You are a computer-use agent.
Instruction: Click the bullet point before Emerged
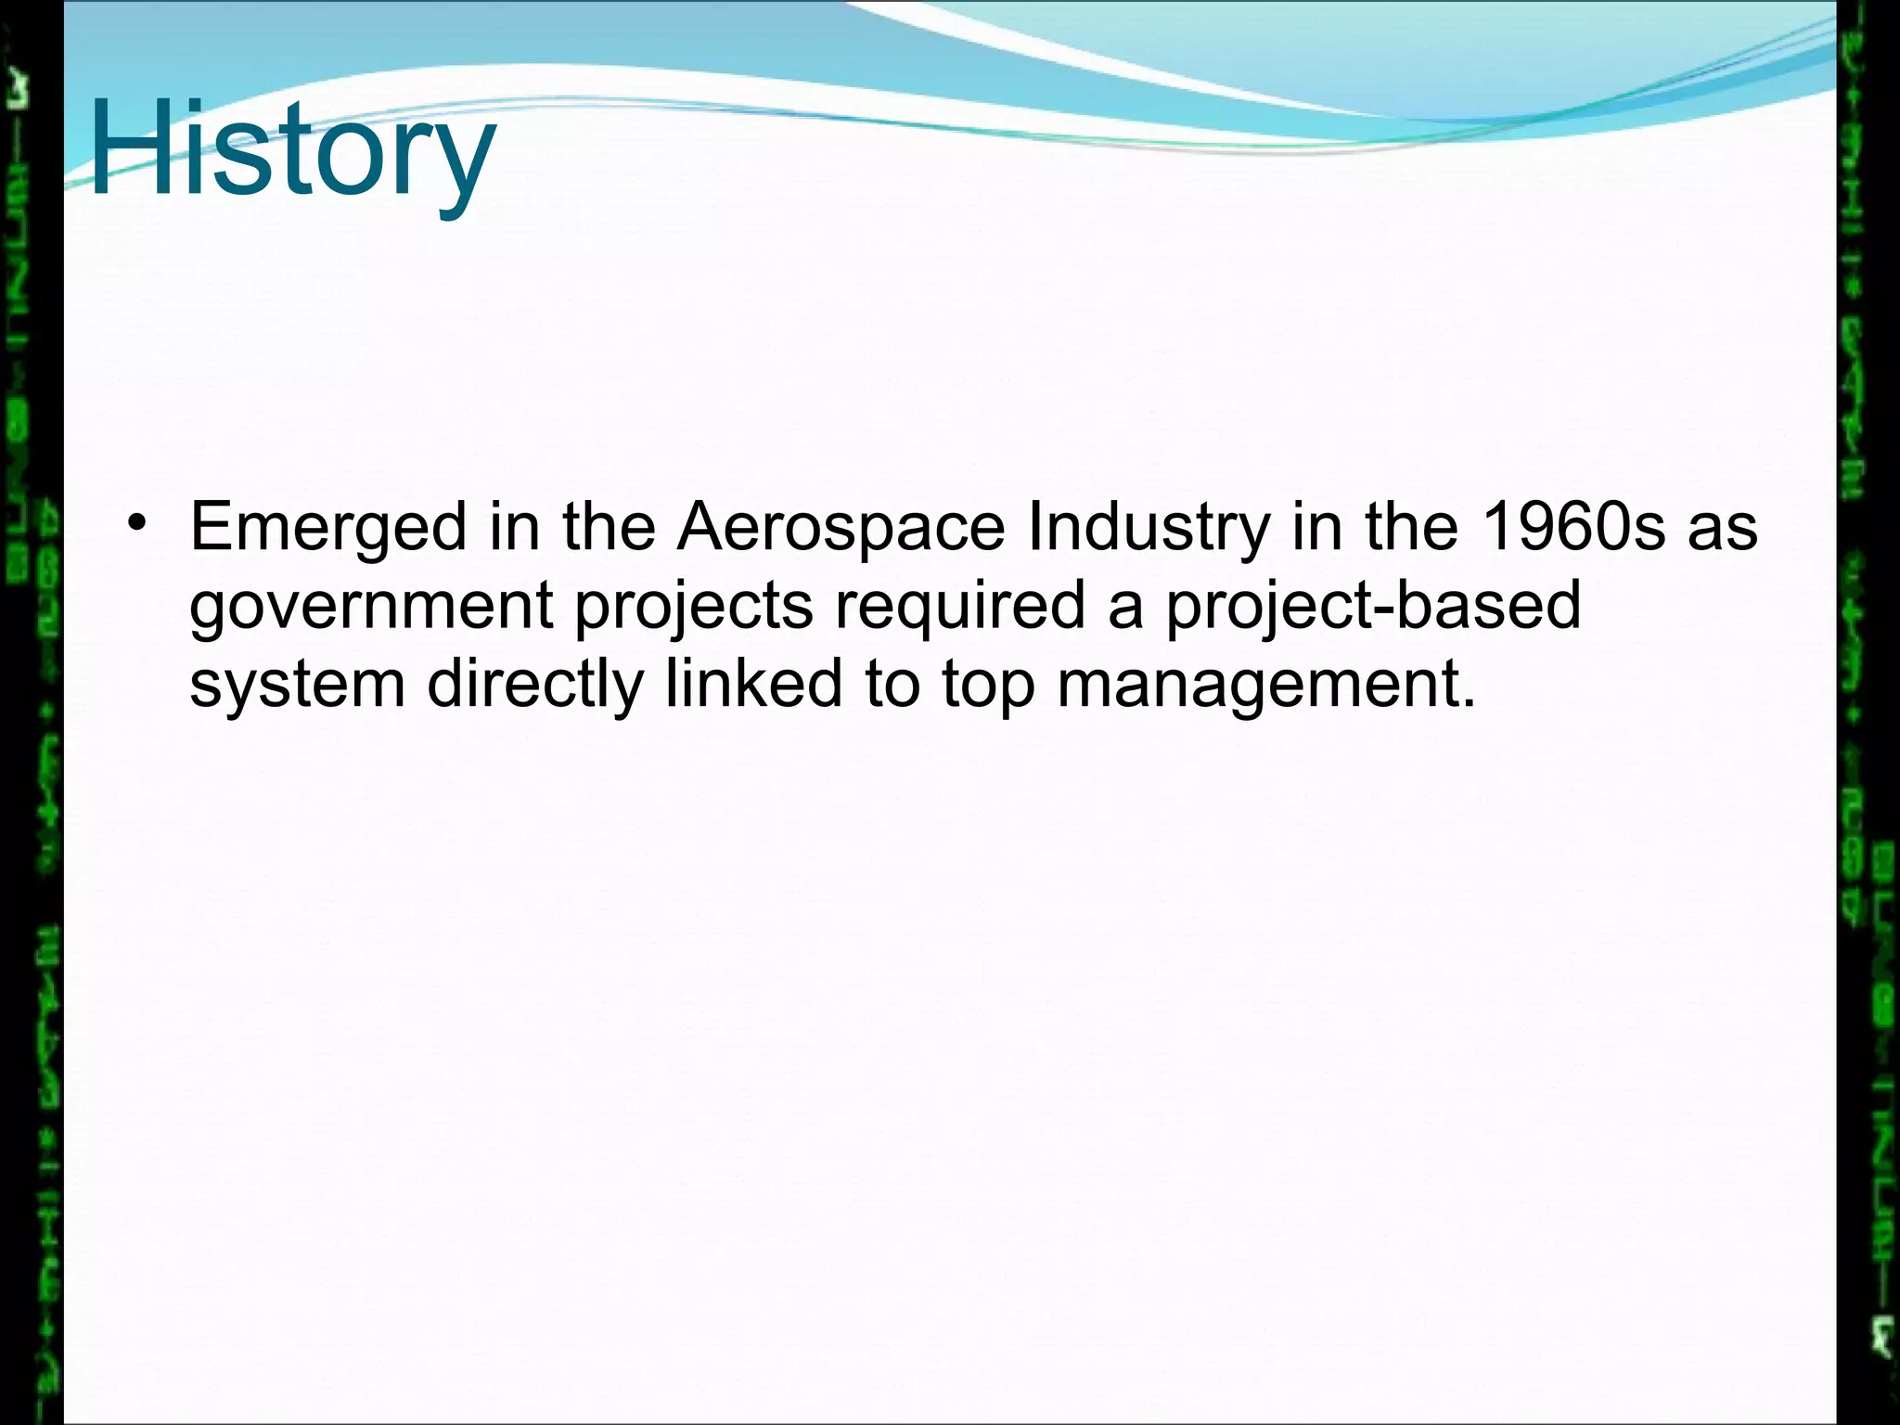138,521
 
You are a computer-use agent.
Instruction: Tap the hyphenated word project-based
1373,605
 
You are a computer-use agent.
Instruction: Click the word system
298,685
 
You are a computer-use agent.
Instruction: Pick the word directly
535,685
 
